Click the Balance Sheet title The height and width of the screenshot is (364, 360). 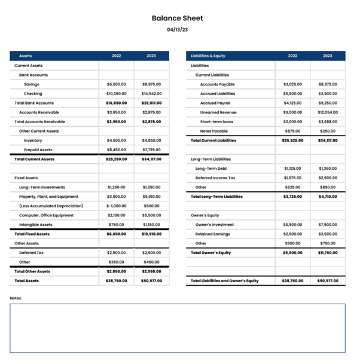[x=178, y=19]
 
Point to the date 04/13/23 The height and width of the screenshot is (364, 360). [x=178, y=29]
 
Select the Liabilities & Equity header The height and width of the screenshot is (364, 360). [x=208, y=56]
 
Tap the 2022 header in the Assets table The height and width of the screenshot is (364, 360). [x=117, y=56]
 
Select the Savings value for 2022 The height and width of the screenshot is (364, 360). [x=117, y=84]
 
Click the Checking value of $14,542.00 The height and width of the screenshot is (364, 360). [x=151, y=94]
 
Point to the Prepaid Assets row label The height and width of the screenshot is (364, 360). [x=38, y=150]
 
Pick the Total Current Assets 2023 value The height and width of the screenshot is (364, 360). [x=151, y=160]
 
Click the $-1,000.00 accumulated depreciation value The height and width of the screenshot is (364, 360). [x=116, y=206]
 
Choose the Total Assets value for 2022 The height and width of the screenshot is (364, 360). [x=116, y=280]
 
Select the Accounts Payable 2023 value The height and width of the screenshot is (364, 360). [x=328, y=84]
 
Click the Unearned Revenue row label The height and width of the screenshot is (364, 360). [x=218, y=112]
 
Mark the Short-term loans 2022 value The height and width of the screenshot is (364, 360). [x=293, y=122]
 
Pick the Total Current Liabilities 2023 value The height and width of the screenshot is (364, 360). [x=328, y=140]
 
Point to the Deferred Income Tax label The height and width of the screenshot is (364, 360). [x=215, y=178]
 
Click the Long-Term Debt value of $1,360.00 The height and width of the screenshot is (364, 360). [x=328, y=169]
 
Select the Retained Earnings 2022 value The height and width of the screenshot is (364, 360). [x=293, y=234]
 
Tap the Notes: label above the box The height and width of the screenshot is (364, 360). [x=16, y=298]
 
